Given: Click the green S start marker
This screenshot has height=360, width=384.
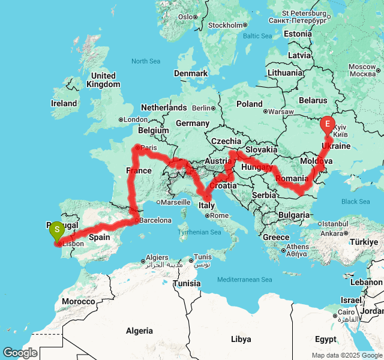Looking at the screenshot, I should coord(56,229).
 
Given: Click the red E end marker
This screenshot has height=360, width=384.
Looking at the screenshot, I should coord(328,124).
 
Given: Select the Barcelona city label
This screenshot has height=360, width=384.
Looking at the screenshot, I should coord(157,220).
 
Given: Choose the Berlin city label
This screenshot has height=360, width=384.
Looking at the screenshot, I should coord(201,109).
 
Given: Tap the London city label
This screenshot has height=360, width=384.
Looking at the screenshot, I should coord(136,119).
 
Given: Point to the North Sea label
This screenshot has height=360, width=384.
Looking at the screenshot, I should coord(146,61).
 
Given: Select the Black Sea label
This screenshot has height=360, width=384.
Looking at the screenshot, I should coord(356,202).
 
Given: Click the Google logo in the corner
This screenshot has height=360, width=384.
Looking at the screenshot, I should coord(20,352).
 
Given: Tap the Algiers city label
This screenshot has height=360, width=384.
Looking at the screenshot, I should coord(157,257).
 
